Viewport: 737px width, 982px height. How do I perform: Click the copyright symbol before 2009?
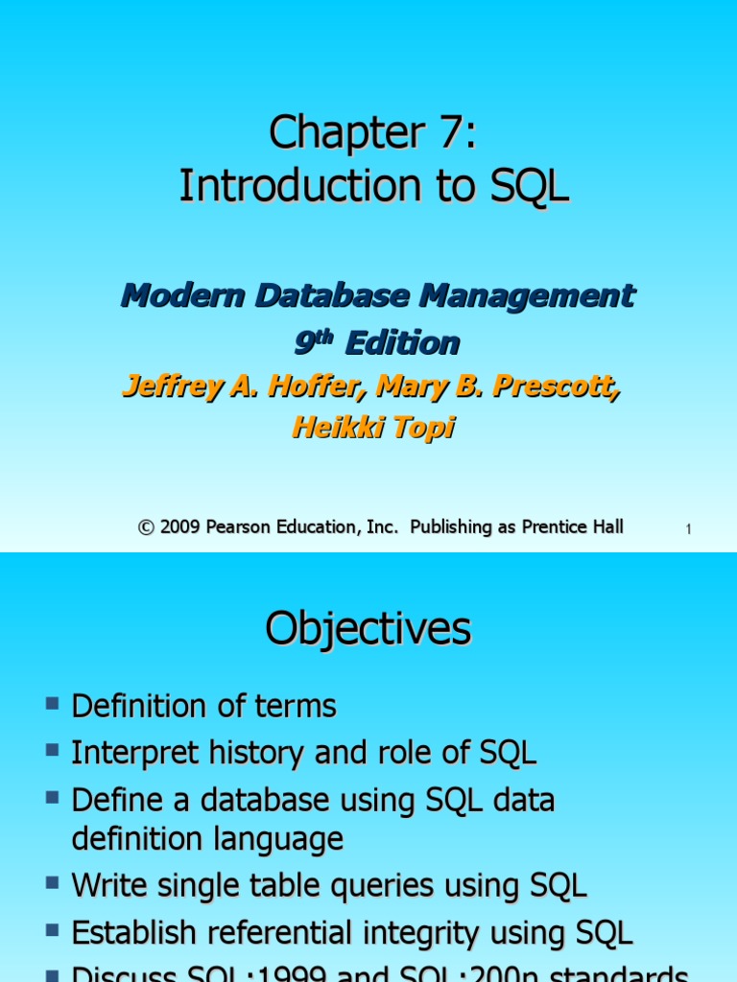tap(146, 526)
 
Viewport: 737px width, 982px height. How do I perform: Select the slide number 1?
tap(689, 529)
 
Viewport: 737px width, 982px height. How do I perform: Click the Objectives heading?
tap(368, 629)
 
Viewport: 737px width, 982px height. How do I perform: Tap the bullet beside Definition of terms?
tap(52, 705)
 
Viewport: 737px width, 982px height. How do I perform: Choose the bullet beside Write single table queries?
tap(52, 884)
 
